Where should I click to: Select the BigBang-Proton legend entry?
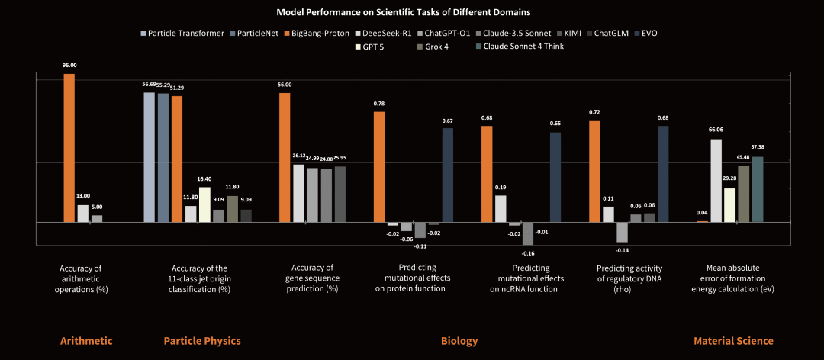pos(319,34)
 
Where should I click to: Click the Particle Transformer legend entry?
pos(183,34)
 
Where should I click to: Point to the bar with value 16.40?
pos(204,204)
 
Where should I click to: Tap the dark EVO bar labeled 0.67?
pos(448,175)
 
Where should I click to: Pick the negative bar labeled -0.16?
pos(527,233)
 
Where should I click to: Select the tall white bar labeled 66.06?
pos(716,180)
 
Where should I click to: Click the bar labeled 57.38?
pos(758,189)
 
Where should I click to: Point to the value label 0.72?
pos(594,112)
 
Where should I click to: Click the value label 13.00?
pos(82,196)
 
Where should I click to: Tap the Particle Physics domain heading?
pos(202,341)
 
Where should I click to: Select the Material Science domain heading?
pos(733,341)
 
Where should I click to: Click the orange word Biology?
pos(459,341)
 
